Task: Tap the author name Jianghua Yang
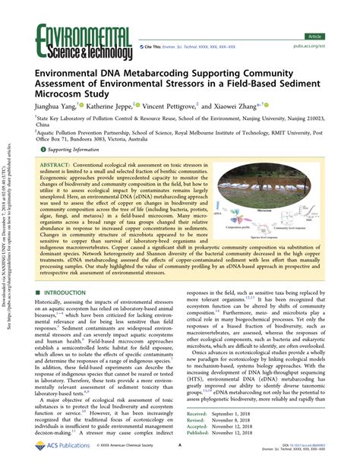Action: [x=55, y=107]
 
